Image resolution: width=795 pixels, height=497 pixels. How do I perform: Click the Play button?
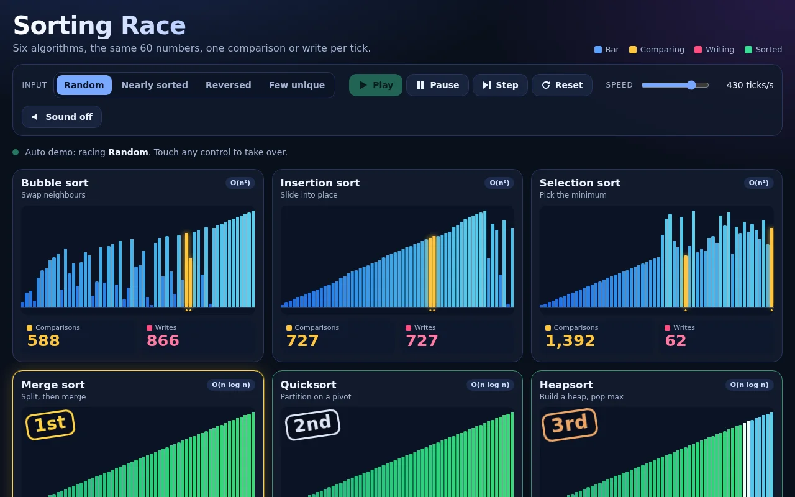[x=376, y=85]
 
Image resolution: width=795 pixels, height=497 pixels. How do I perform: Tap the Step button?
[x=500, y=85]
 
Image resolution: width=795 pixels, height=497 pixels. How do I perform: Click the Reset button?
[x=562, y=85]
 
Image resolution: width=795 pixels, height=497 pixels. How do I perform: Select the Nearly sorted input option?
[x=155, y=85]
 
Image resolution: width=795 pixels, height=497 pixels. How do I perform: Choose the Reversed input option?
[x=228, y=85]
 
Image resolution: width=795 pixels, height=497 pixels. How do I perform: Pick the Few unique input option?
[x=297, y=85]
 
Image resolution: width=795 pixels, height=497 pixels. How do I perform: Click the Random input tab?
[x=84, y=85]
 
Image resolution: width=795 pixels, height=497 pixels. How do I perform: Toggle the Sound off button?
[x=61, y=117]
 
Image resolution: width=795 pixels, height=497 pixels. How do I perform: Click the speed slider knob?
[x=691, y=85]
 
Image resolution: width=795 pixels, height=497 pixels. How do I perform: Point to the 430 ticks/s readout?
[x=750, y=85]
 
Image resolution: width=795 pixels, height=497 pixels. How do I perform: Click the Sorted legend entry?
[x=763, y=50]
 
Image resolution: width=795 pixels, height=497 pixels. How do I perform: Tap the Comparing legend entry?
[x=656, y=50]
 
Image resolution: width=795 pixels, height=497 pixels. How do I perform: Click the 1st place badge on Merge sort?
[x=50, y=424]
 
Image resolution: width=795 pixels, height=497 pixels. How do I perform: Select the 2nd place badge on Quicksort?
[x=312, y=424]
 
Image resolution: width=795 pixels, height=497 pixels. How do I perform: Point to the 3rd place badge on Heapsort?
[x=570, y=424]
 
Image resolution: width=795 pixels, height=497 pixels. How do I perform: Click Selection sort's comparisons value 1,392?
[x=570, y=341]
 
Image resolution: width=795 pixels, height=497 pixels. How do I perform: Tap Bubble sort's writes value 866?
[x=163, y=341]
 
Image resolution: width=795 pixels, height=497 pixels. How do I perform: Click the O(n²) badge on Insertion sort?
[x=499, y=183]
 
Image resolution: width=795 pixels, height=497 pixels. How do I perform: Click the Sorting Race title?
[x=99, y=25]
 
